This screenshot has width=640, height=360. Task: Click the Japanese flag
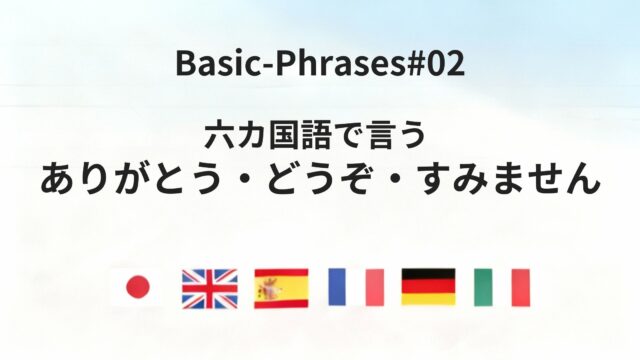pos(136,288)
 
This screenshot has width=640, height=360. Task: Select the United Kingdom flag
pos(209,288)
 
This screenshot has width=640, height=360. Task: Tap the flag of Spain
pos(282,288)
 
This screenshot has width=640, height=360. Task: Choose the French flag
pos(356,288)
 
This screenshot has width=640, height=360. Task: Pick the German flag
pos(429,288)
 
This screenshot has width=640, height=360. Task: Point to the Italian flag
pos(502,288)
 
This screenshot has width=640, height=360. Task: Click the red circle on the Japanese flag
pos(136,288)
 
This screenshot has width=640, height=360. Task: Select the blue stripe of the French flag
pos(337,288)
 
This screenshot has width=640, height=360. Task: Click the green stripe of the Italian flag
pos(483,288)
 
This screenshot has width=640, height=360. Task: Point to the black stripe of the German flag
pos(429,275)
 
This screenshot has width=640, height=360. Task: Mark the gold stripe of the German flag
pos(429,300)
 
